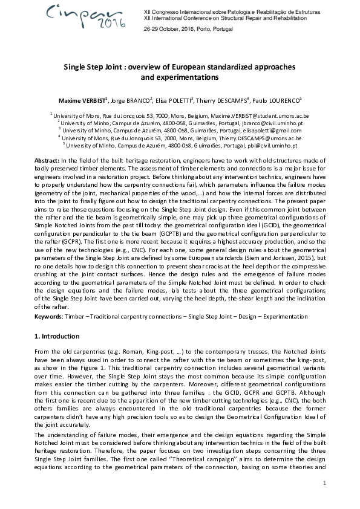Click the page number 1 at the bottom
point(324,482)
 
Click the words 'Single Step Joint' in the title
point(92,68)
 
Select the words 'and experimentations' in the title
point(180,77)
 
